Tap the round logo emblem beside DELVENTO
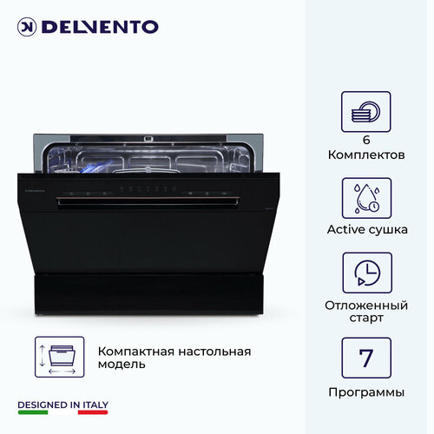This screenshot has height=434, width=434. [26, 27]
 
